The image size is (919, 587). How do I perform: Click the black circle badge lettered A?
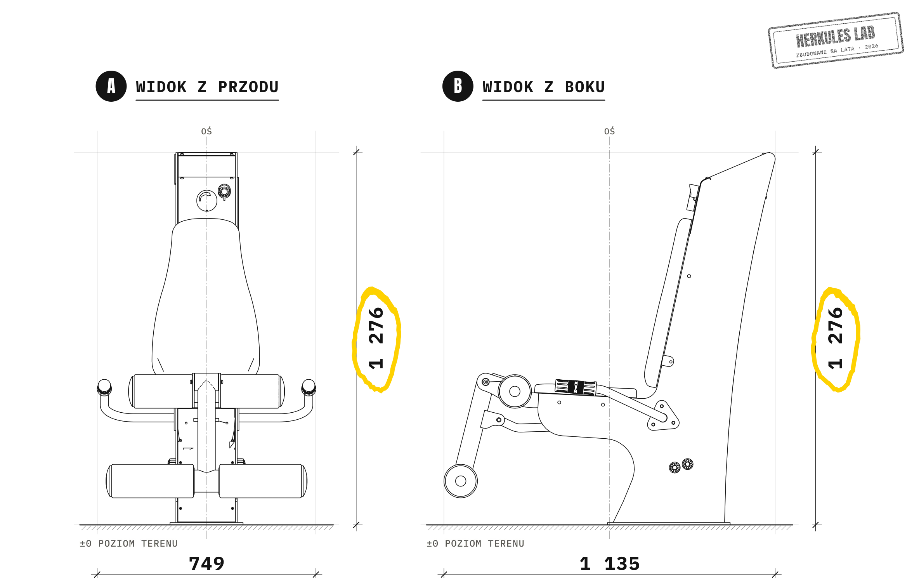pyautogui.click(x=111, y=86)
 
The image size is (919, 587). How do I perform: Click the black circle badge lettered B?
pyautogui.click(x=458, y=86)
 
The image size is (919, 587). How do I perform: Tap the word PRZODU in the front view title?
pyautogui.click(x=248, y=87)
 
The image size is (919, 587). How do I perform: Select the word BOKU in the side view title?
pyautogui.click(x=585, y=87)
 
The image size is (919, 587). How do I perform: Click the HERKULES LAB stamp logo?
pyautogui.click(x=836, y=40)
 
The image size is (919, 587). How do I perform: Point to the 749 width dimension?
pyautogui.click(x=207, y=564)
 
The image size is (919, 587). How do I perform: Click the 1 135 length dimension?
pyautogui.click(x=610, y=564)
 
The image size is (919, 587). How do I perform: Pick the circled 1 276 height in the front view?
pyautogui.click(x=376, y=338)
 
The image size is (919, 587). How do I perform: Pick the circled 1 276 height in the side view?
pyautogui.click(x=835, y=338)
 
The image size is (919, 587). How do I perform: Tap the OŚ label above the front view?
pyautogui.click(x=206, y=131)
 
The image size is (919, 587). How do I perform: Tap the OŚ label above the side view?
pyautogui.click(x=609, y=131)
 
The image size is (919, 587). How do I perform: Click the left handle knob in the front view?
pyautogui.click(x=104, y=387)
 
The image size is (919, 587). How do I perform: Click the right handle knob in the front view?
pyautogui.click(x=309, y=387)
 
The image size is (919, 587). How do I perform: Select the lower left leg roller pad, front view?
pyautogui.click(x=150, y=481)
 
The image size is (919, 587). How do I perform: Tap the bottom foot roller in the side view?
pyautogui.click(x=461, y=481)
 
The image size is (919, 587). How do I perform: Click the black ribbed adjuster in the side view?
pyautogui.click(x=576, y=387)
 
